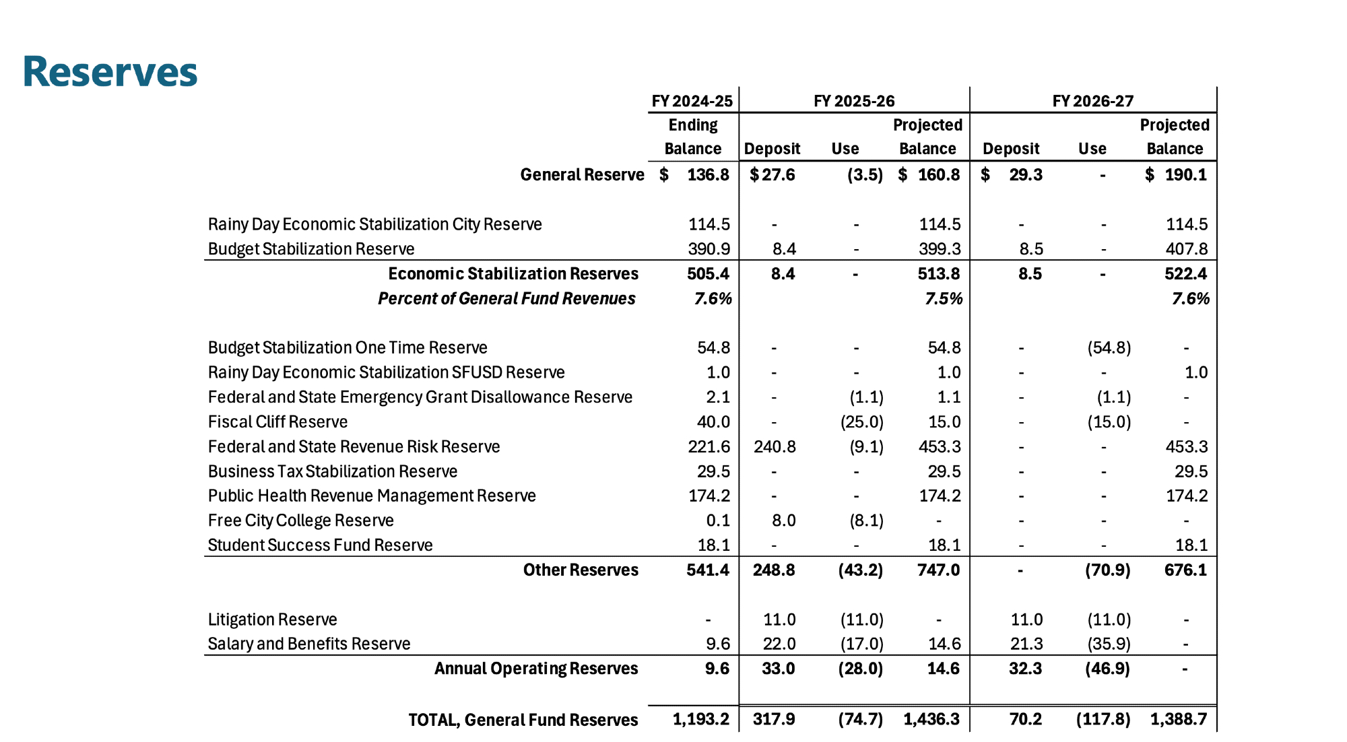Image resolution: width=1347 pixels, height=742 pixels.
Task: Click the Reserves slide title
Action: (110, 72)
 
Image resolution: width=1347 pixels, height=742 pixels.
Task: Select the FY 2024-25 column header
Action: (692, 101)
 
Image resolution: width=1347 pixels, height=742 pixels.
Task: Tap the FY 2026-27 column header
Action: (1092, 101)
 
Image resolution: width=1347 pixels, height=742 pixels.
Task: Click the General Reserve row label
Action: (582, 175)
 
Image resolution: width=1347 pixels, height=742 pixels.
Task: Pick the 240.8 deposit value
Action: (775, 446)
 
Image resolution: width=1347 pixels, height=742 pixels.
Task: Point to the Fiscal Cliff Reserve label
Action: (277, 422)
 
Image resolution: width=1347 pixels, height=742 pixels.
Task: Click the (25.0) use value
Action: (861, 422)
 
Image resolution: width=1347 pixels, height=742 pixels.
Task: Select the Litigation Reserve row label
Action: (272, 619)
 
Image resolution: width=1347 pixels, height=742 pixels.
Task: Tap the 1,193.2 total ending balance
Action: (700, 719)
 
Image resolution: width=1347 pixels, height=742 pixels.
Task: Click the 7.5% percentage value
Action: (943, 298)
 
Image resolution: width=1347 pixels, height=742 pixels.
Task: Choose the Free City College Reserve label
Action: (300, 520)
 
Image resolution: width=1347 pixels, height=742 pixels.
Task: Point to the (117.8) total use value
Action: (1103, 719)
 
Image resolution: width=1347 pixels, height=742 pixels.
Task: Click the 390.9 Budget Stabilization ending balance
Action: (709, 249)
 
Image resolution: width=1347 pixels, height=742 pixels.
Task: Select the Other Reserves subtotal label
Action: (581, 570)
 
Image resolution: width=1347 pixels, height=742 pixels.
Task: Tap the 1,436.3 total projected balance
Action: (931, 719)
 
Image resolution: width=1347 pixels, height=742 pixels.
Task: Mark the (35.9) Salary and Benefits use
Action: (1109, 644)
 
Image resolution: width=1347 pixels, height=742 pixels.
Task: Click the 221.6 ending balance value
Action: (709, 446)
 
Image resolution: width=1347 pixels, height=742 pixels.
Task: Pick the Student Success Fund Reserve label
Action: (320, 545)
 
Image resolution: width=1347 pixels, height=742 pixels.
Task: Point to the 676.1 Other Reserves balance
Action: (1185, 570)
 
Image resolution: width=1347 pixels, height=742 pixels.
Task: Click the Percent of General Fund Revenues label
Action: (506, 298)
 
